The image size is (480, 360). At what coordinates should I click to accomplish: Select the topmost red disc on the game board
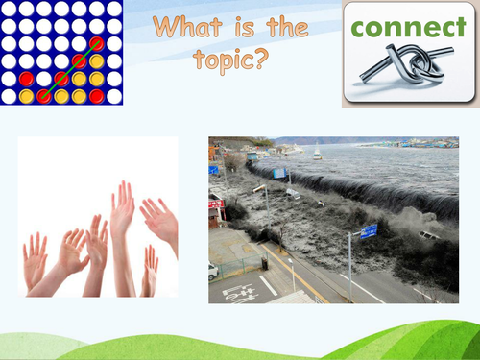[x=97, y=44]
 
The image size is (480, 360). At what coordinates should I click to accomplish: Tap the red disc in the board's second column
[x=27, y=79]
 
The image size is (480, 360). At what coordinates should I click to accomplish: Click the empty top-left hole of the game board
[x=9, y=9]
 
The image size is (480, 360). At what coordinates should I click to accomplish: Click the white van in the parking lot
[x=212, y=270]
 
